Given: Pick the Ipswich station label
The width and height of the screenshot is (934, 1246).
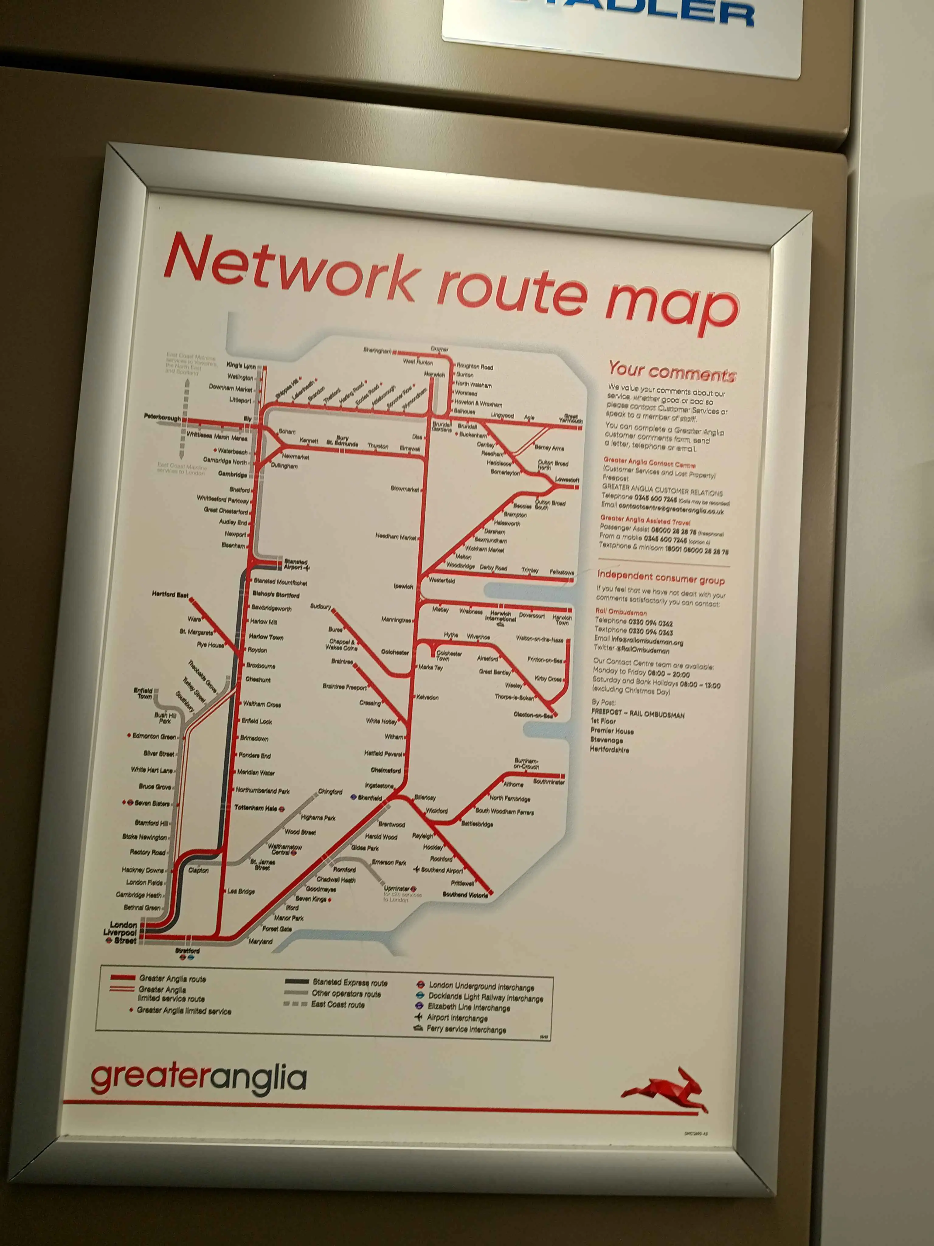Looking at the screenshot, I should (x=403, y=586).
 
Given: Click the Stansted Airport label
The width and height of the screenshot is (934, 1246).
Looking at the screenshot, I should (x=296, y=564).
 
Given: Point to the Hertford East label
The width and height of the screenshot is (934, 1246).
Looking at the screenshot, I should (x=170, y=594).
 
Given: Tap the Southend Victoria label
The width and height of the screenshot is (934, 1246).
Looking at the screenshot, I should (x=465, y=895).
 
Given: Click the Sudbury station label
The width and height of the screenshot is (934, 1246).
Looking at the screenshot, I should (x=320, y=607).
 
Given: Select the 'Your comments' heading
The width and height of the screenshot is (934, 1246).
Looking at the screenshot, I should (x=672, y=372).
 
